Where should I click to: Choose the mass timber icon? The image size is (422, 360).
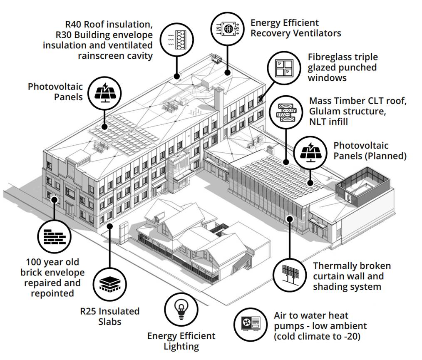(286, 112)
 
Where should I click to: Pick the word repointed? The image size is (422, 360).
(52, 293)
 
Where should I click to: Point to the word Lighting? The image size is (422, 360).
(181, 346)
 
